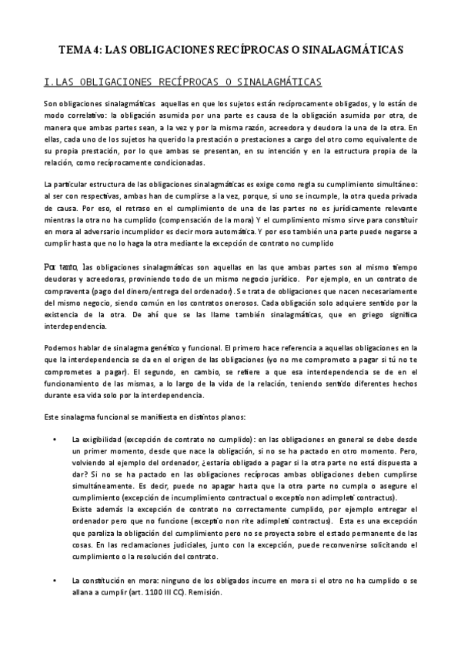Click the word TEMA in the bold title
click(75, 49)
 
